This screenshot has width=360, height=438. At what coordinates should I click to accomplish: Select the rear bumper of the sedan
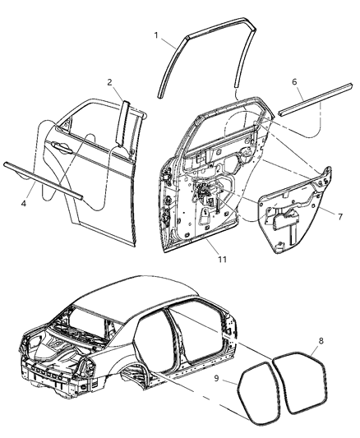[x=49, y=386]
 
